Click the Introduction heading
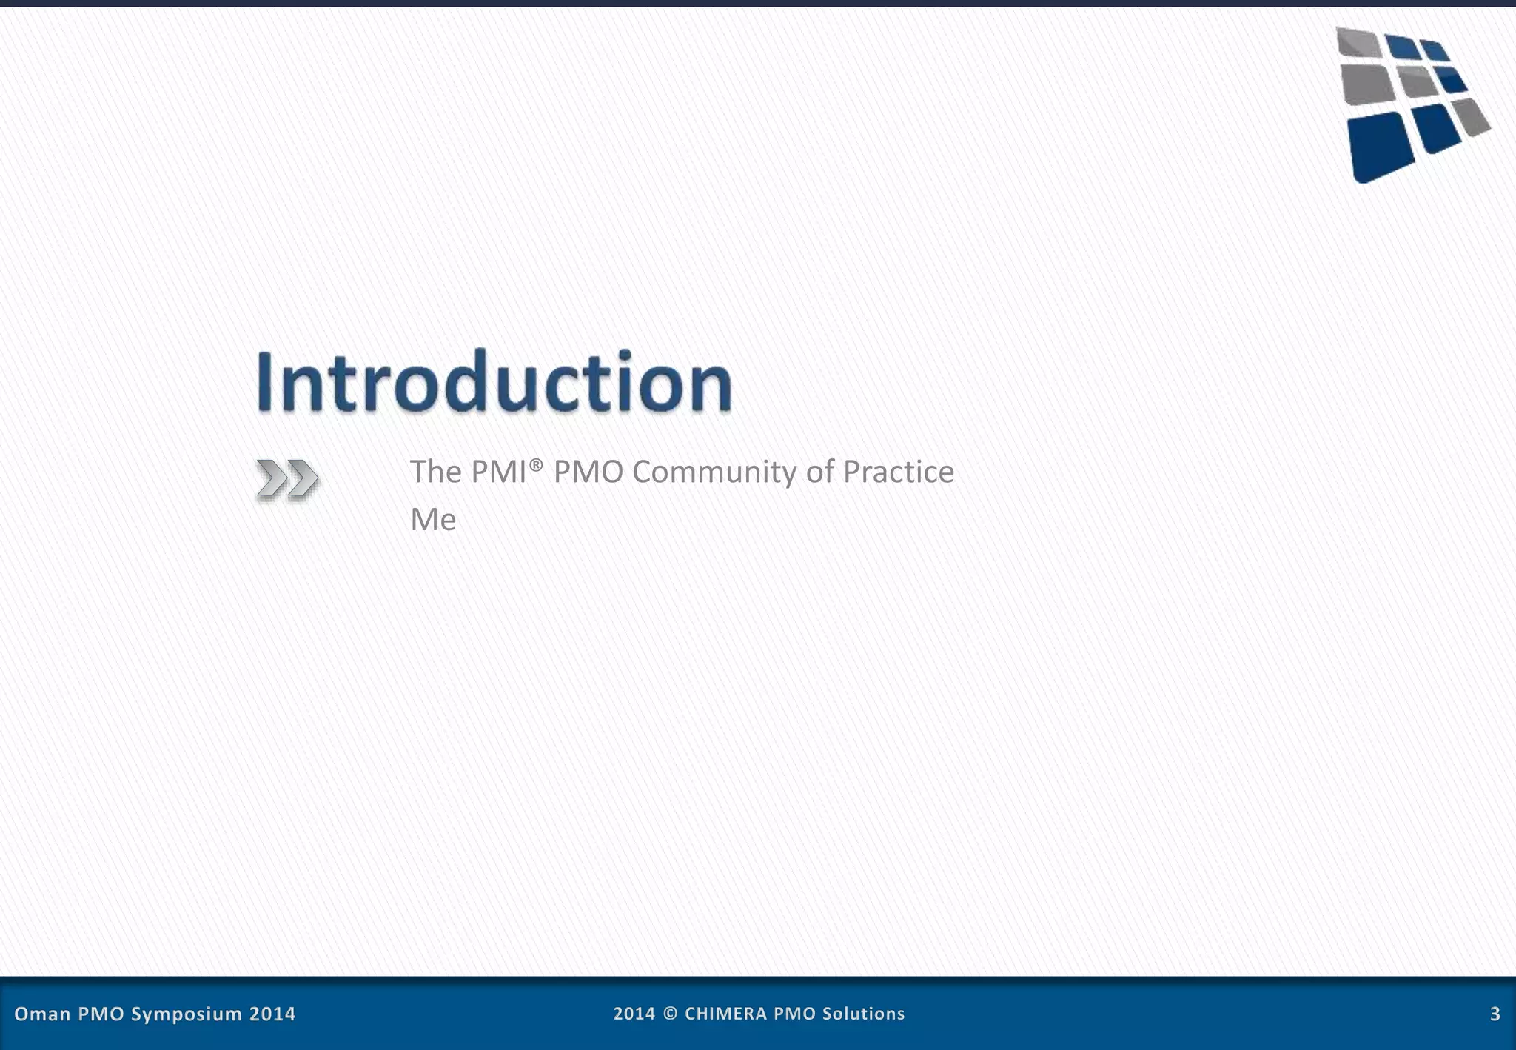[x=494, y=382]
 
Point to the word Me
[x=433, y=519]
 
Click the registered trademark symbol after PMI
[x=537, y=463]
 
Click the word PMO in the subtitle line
[x=588, y=472]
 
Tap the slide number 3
[x=1495, y=1014]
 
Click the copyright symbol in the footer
[x=670, y=1014]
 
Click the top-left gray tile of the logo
[x=1358, y=41]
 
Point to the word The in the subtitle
[x=436, y=472]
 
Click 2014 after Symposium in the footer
[x=272, y=1014]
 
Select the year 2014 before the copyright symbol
[x=634, y=1014]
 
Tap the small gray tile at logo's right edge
[x=1472, y=117]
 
